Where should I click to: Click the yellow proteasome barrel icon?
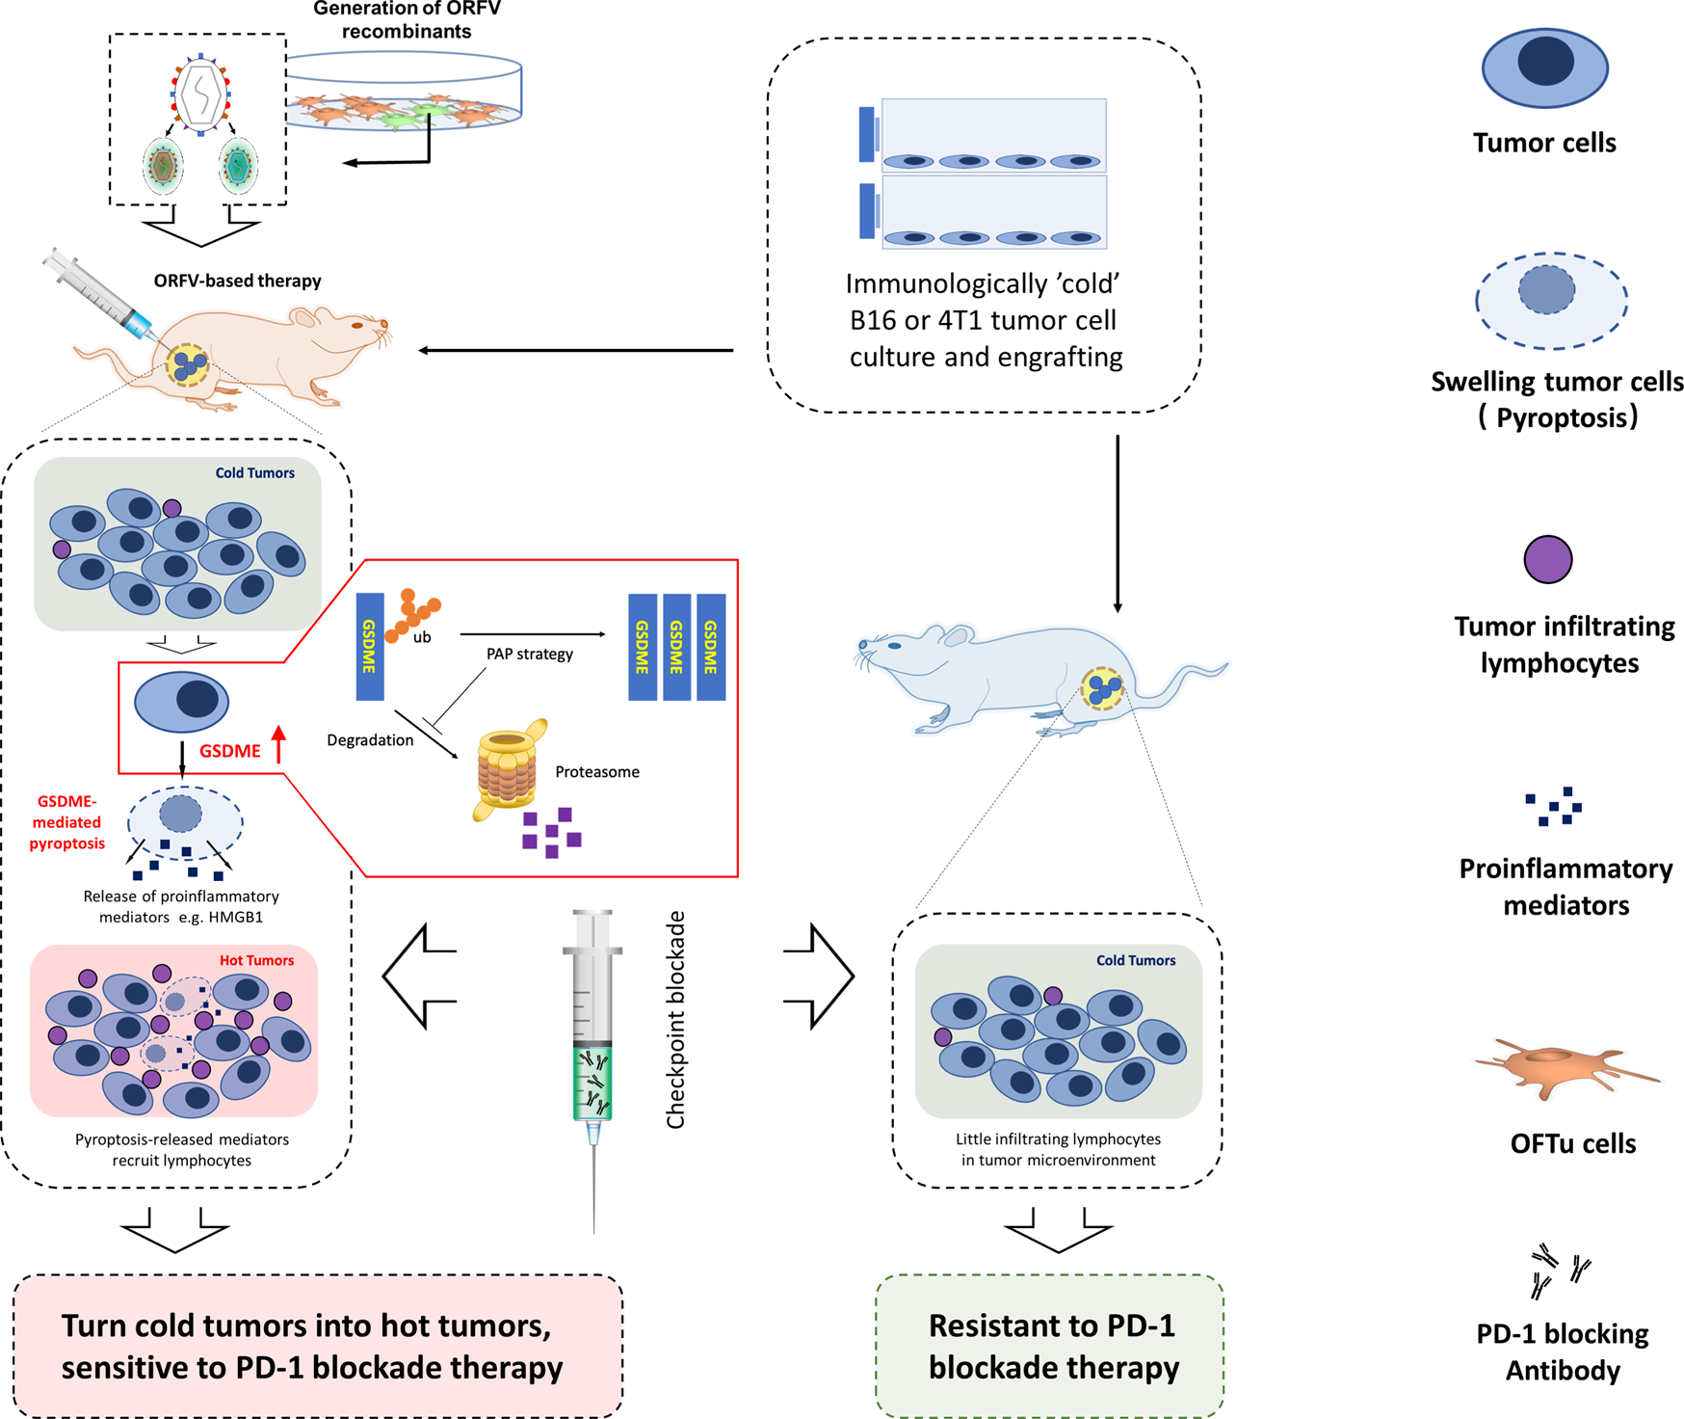(508, 770)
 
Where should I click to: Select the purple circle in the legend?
(1547, 559)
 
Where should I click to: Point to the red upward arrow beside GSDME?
(279, 744)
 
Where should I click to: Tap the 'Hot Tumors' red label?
(256, 960)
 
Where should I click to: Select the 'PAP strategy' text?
(529, 654)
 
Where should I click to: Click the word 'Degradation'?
(370, 740)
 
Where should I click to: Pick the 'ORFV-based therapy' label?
(237, 281)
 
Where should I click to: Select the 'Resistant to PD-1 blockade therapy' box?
(1050, 1346)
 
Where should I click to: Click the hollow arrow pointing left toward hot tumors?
(420, 976)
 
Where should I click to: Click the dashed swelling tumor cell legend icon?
(1551, 299)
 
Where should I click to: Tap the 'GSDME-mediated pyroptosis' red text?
(66, 822)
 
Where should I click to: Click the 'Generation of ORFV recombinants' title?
(407, 20)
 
